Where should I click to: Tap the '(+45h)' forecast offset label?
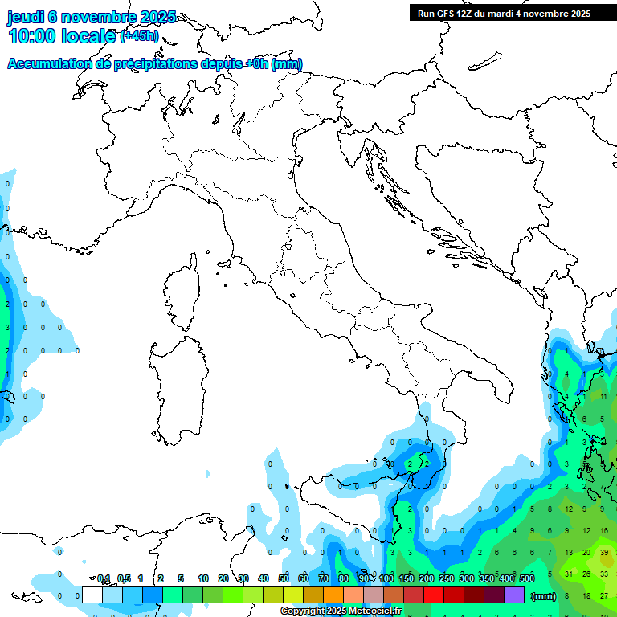click(139, 36)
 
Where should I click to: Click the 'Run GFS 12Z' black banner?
click(504, 14)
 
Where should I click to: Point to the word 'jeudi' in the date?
click(25, 17)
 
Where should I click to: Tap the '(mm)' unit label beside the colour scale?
click(544, 596)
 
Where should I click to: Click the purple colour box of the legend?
click(514, 595)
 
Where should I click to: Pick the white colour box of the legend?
click(92, 595)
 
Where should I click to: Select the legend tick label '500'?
click(527, 578)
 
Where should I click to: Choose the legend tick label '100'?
click(386, 578)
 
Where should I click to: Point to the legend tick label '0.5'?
click(124, 578)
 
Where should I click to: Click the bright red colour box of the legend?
click(434, 595)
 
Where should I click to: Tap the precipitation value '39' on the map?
click(604, 553)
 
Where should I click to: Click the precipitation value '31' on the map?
click(568, 574)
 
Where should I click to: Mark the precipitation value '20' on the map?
click(586, 553)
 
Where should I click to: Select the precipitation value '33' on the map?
click(604, 574)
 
